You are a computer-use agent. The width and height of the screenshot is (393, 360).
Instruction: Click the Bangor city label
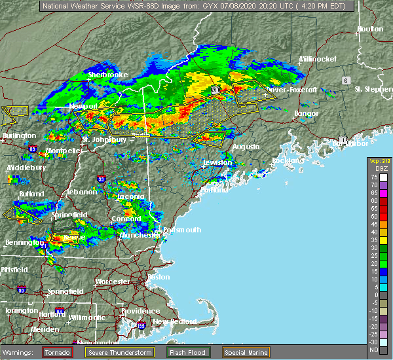pos(307,114)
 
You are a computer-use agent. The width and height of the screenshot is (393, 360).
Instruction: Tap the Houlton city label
pos(369,29)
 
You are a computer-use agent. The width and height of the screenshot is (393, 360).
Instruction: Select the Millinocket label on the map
pos(318,59)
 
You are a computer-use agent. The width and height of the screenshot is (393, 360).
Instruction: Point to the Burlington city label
pos(19,135)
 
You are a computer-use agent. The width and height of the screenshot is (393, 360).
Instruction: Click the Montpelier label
pos(64,151)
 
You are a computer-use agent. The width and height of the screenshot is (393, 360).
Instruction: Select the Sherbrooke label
pos(108,75)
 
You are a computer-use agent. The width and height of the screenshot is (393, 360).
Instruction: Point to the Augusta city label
pos(246,147)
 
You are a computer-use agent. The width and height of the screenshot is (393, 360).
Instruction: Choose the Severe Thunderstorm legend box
pos(121,352)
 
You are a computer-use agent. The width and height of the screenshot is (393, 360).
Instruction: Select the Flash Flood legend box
pos(186,352)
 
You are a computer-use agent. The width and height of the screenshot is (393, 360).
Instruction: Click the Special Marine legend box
pos(246,352)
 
